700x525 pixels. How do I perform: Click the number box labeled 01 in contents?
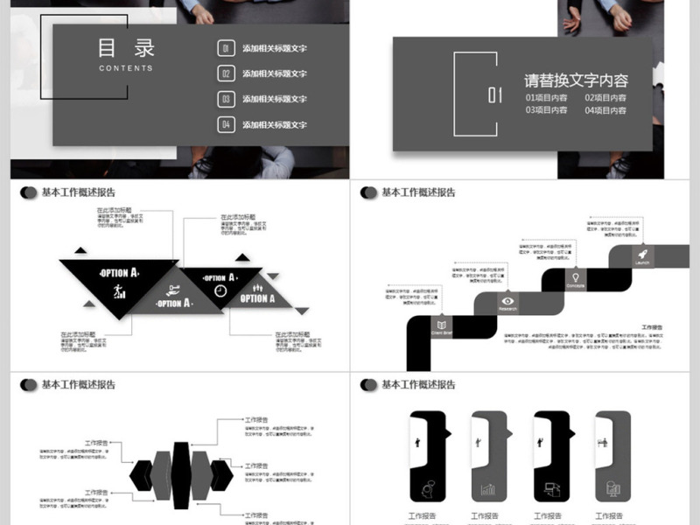pyautogui.click(x=226, y=49)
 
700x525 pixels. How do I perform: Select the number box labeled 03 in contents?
pyautogui.click(x=226, y=100)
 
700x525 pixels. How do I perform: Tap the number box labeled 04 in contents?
pyautogui.click(x=226, y=125)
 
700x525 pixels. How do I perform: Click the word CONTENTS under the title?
pyautogui.click(x=126, y=68)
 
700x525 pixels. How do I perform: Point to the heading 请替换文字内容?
pyautogui.click(x=576, y=80)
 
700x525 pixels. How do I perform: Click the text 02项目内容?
pyautogui.click(x=605, y=98)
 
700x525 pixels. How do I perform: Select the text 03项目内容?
pyautogui.click(x=546, y=110)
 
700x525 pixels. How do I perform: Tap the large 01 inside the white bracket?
pyautogui.click(x=495, y=94)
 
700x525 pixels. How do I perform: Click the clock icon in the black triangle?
pyautogui.click(x=220, y=290)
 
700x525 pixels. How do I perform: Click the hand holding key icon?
pyautogui.click(x=173, y=290)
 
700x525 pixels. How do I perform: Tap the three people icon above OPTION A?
pyautogui.click(x=258, y=288)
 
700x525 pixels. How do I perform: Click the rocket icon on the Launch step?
pyautogui.click(x=642, y=251)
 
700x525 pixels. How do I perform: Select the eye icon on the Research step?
pyautogui.click(x=508, y=300)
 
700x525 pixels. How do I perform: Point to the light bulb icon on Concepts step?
pyautogui.click(x=576, y=277)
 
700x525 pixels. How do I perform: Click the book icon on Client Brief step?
pyautogui.click(x=441, y=325)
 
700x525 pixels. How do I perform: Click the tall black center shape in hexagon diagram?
pyautogui.click(x=181, y=475)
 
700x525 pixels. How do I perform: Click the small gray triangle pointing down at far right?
pyautogui.click(x=302, y=311)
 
